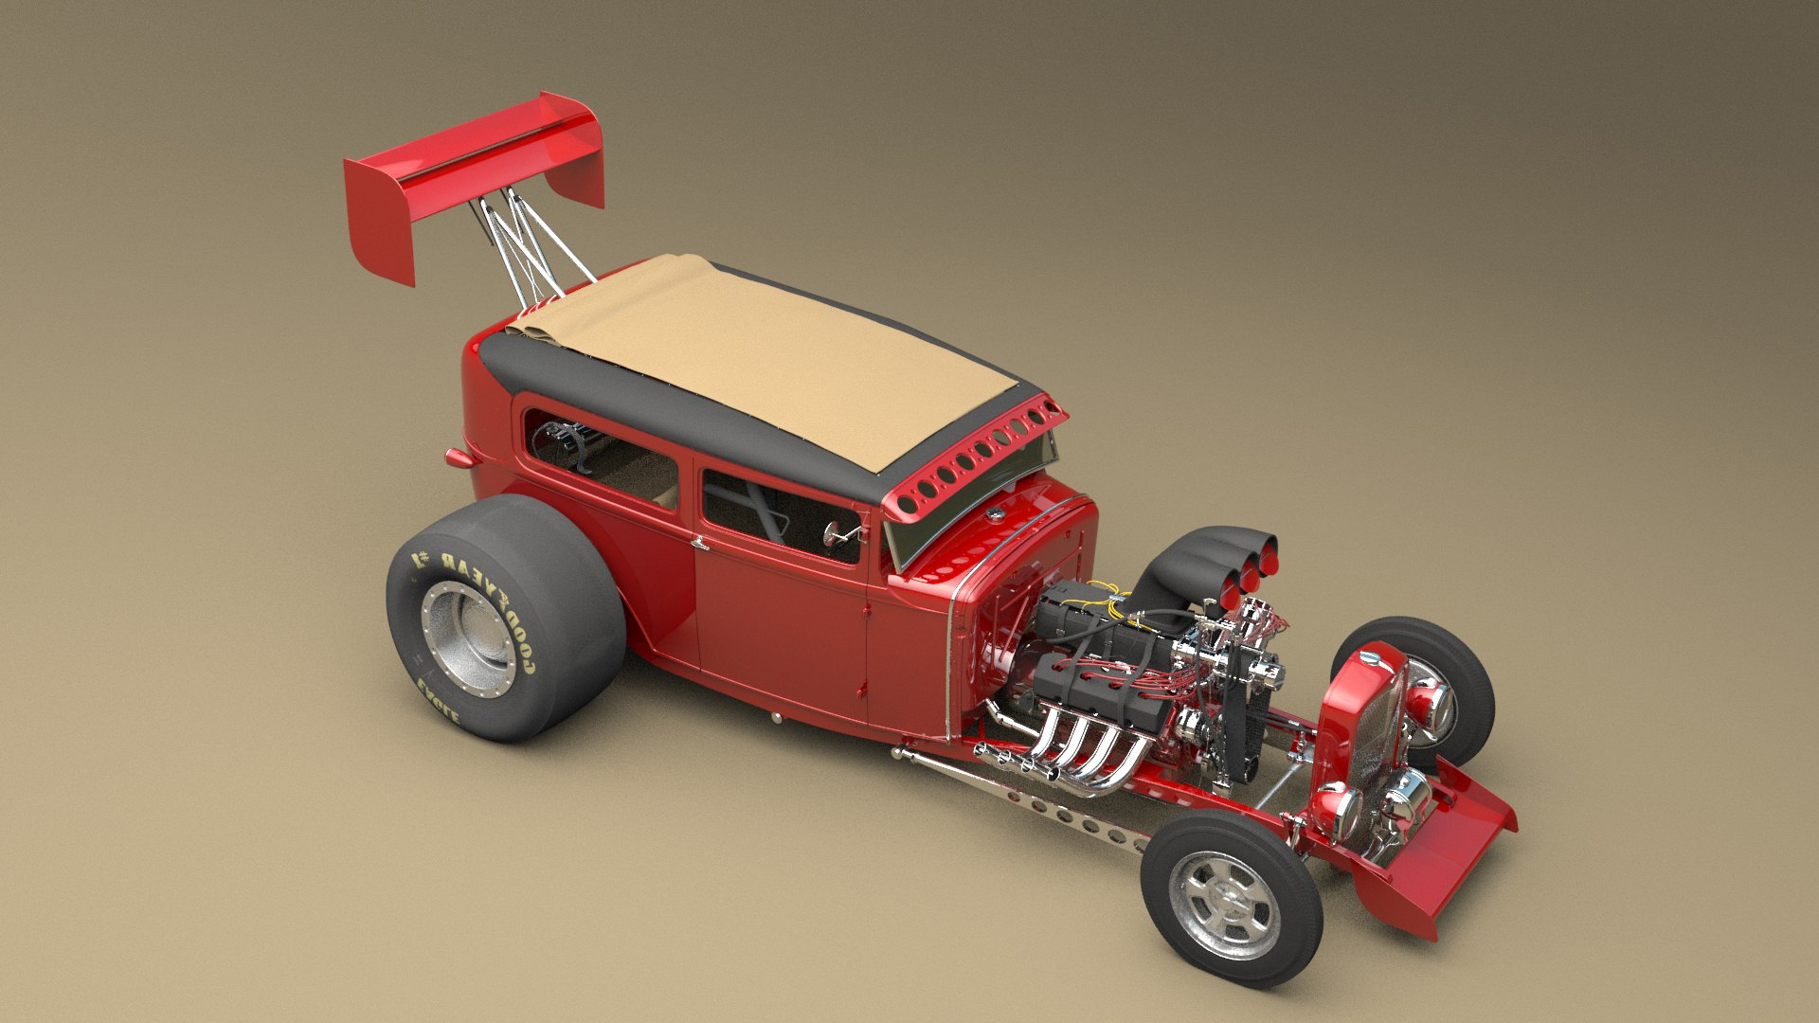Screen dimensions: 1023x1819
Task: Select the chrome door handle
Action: (699, 544)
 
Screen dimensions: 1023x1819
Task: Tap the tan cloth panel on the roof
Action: (758, 360)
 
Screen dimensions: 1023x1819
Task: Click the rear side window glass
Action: (602, 459)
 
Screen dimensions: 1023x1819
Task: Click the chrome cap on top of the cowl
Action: (994, 514)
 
